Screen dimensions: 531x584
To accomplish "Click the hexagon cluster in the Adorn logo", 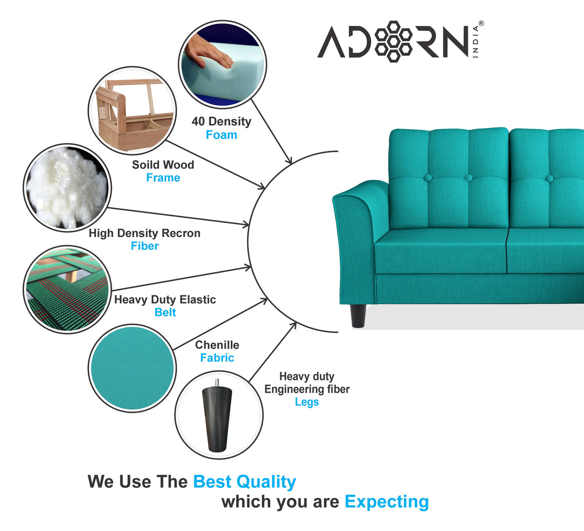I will pyautogui.click(x=394, y=41).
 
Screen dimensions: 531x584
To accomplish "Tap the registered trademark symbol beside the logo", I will pyautogui.click(x=481, y=23).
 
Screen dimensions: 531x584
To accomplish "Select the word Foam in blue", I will pyautogui.click(x=221, y=135).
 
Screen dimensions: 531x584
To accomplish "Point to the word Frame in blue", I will pyautogui.click(x=163, y=178).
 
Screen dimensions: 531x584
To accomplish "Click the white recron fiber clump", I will pyautogui.click(x=67, y=188).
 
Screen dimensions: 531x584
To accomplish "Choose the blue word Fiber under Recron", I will pyautogui.click(x=145, y=246).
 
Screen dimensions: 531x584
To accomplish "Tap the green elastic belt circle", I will pyautogui.click(x=67, y=289).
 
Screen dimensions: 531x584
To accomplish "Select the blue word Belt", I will pyautogui.click(x=165, y=312).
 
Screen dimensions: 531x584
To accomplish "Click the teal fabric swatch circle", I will pyautogui.click(x=132, y=368).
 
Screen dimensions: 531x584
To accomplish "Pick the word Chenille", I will pyautogui.click(x=217, y=345).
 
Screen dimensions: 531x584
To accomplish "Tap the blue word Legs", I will pyautogui.click(x=307, y=402).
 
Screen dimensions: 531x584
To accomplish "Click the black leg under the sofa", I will pyautogui.click(x=358, y=315).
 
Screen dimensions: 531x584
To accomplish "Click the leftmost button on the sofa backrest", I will pyautogui.click(x=427, y=177).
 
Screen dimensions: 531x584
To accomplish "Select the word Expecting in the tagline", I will pyautogui.click(x=386, y=502).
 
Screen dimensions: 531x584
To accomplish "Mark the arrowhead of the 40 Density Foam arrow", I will pyautogui.click(x=289, y=162).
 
